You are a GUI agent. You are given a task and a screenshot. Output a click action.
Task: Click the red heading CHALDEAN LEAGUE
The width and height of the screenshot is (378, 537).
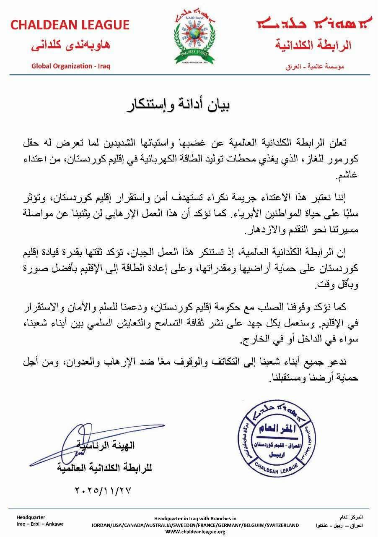click(x=70, y=25)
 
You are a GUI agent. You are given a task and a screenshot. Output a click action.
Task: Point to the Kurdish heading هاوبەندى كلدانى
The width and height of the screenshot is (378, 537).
click(x=70, y=46)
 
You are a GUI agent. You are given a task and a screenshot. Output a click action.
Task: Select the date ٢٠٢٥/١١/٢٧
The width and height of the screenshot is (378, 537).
click(x=102, y=490)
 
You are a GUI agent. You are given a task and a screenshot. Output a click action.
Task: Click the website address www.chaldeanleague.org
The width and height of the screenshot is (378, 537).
click(x=195, y=532)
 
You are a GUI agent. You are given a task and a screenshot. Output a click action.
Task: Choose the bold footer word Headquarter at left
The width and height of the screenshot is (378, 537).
click(x=31, y=517)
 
